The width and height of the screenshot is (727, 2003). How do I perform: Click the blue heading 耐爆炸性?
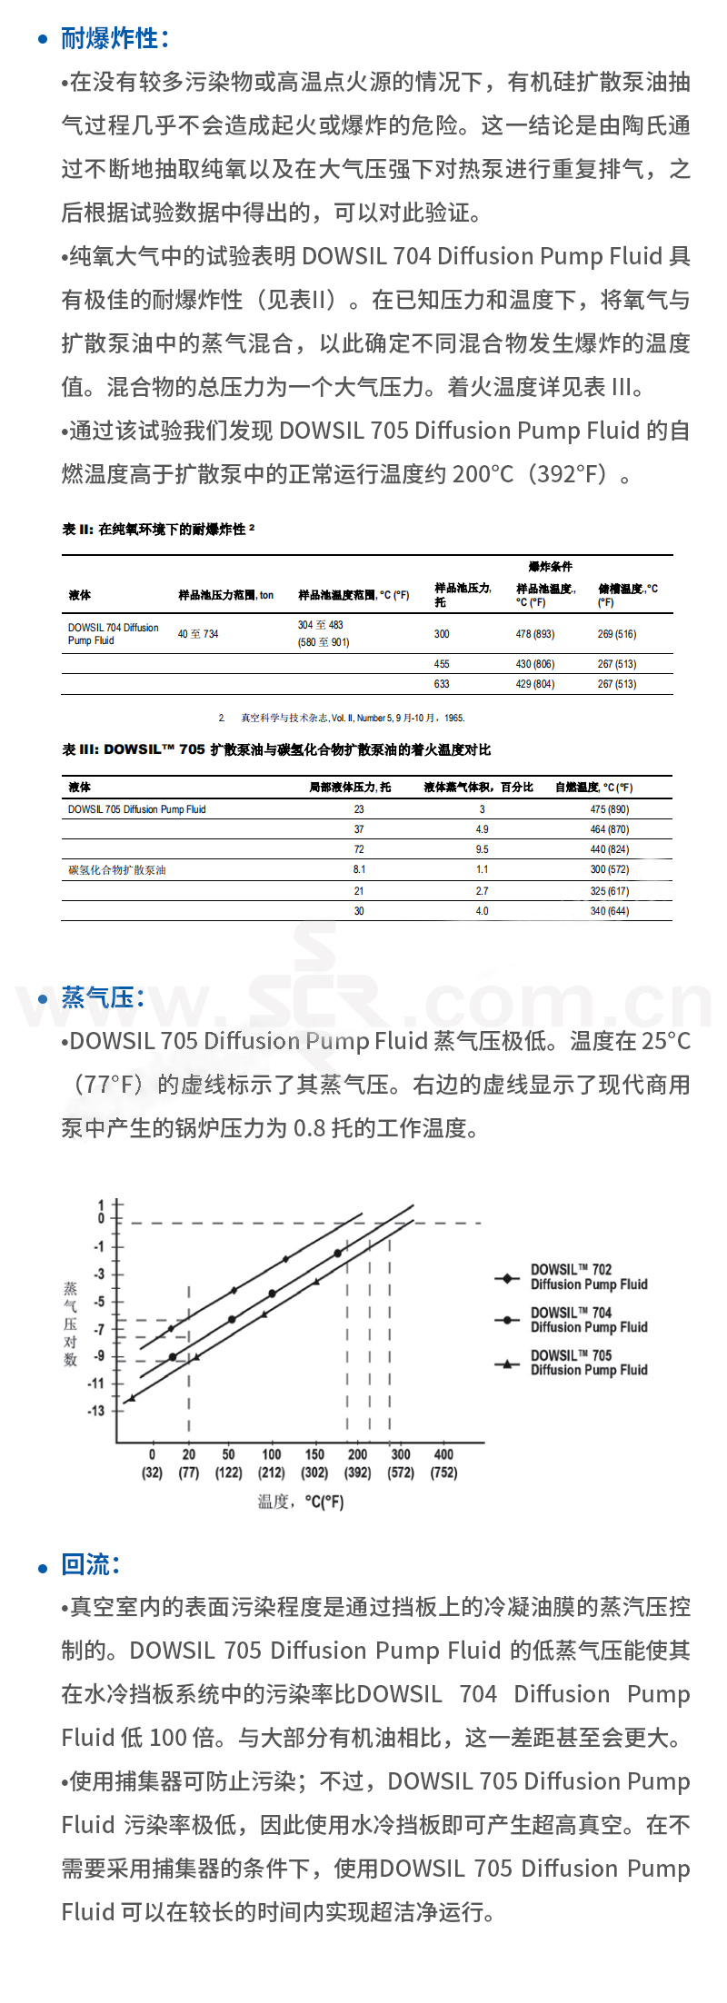point(114,39)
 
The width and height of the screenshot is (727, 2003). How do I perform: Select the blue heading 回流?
point(90,1564)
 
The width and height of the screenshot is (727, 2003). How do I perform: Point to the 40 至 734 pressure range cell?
point(198,634)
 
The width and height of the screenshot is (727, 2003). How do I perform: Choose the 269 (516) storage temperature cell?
point(616,634)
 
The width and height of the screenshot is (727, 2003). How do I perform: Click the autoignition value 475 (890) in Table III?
point(609,809)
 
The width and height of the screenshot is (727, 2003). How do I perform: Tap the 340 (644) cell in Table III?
point(609,911)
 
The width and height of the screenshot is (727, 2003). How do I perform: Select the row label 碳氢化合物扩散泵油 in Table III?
point(117,870)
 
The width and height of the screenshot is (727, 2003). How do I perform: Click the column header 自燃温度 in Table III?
point(593,788)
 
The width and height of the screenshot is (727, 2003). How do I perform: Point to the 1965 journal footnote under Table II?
point(341,718)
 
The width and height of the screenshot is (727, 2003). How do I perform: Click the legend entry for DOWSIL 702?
point(588,1277)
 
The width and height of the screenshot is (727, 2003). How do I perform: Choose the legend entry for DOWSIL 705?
point(588,1363)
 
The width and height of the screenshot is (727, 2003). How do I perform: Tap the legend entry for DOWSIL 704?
point(588,1320)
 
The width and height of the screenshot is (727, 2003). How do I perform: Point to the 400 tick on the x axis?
point(443,1454)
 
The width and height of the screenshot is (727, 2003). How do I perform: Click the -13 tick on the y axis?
point(96,1411)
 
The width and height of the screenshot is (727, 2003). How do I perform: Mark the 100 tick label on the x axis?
point(272,1454)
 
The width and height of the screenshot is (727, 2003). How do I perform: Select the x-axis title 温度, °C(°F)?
point(301,1502)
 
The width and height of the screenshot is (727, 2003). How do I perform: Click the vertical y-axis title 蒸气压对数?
point(71,1324)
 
